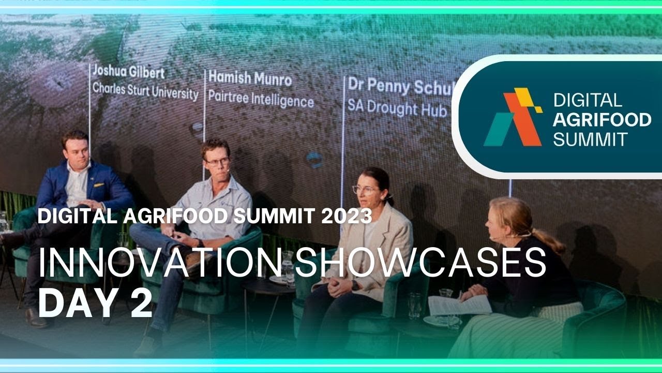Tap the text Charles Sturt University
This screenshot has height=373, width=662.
pos(145,92)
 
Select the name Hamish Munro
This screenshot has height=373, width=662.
pos(250,78)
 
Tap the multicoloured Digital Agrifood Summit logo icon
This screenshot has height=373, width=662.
pos(513,117)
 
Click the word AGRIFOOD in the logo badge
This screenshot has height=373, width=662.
pos(601,120)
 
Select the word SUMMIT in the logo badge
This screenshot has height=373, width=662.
pos(590,139)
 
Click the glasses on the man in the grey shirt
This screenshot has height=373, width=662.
pos(218,162)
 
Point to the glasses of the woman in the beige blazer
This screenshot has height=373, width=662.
pos(364,190)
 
